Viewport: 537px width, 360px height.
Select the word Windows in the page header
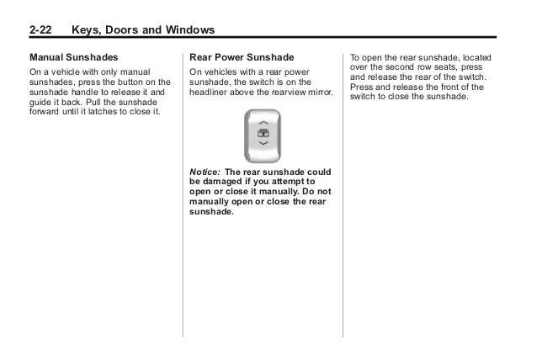click(190, 31)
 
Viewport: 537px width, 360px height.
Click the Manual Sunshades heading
click(69, 58)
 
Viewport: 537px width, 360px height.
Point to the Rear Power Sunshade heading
click(242, 58)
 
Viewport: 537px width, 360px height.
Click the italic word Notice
click(204, 171)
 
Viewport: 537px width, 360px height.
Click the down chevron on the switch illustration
click(263, 144)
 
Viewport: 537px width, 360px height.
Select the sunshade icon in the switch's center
click(263, 133)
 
